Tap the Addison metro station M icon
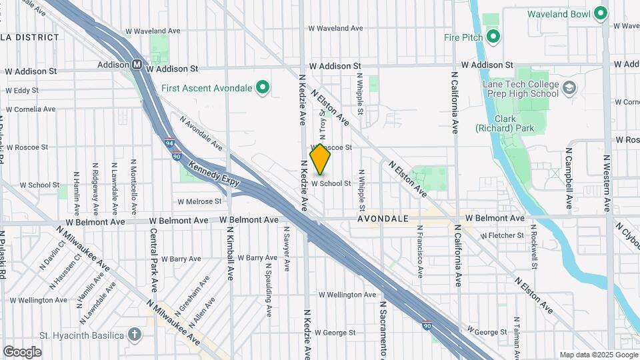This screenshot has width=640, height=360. click(x=137, y=65)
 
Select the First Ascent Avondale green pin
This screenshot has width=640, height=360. click(x=263, y=87)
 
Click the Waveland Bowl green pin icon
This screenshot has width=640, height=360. click(x=601, y=13)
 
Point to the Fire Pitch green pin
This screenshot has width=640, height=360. click(x=493, y=37)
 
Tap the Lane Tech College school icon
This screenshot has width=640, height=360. click(x=570, y=88)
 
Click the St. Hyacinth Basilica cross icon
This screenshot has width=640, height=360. click(x=135, y=334)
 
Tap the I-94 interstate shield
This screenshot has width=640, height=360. click(x=171, y=143)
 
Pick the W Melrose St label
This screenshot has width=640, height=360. click(x=199, y=201)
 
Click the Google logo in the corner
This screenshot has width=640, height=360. click(x=21, y=352)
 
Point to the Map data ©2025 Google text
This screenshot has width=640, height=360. click(x=597, y=355)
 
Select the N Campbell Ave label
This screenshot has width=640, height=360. click(x=569, y=176)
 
